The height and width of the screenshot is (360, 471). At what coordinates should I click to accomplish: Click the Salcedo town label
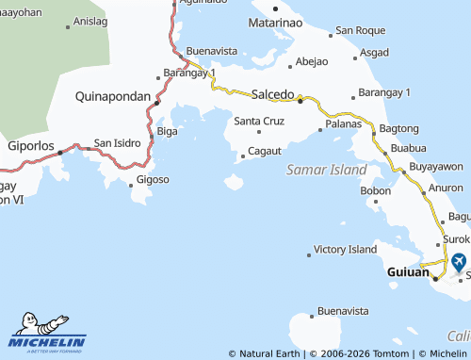tap(273, 93)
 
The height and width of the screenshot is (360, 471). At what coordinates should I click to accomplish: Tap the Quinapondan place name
tap(114, 95)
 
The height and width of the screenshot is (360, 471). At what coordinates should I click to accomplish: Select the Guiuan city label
tap(408, 272)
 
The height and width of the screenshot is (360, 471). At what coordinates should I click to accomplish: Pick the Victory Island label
tap(345, 250)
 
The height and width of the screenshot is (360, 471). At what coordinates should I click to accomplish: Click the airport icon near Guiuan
tap(458, 262)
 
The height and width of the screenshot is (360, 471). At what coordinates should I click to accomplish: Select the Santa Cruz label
tap(258, 121)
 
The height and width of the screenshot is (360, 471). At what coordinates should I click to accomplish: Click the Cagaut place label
tap(265, 151)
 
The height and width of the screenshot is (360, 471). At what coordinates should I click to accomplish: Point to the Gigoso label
tap(153, 179)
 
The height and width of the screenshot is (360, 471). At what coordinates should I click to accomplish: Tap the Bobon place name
tap(375, 190)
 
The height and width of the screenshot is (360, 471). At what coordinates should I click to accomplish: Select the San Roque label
tap(360, 31)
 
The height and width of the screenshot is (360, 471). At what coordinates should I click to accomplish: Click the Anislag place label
tap(89, 21)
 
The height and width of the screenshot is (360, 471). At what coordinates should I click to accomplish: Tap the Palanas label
tap(343, 123)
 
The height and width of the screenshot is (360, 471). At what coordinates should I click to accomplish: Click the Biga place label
tap(166, 131)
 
